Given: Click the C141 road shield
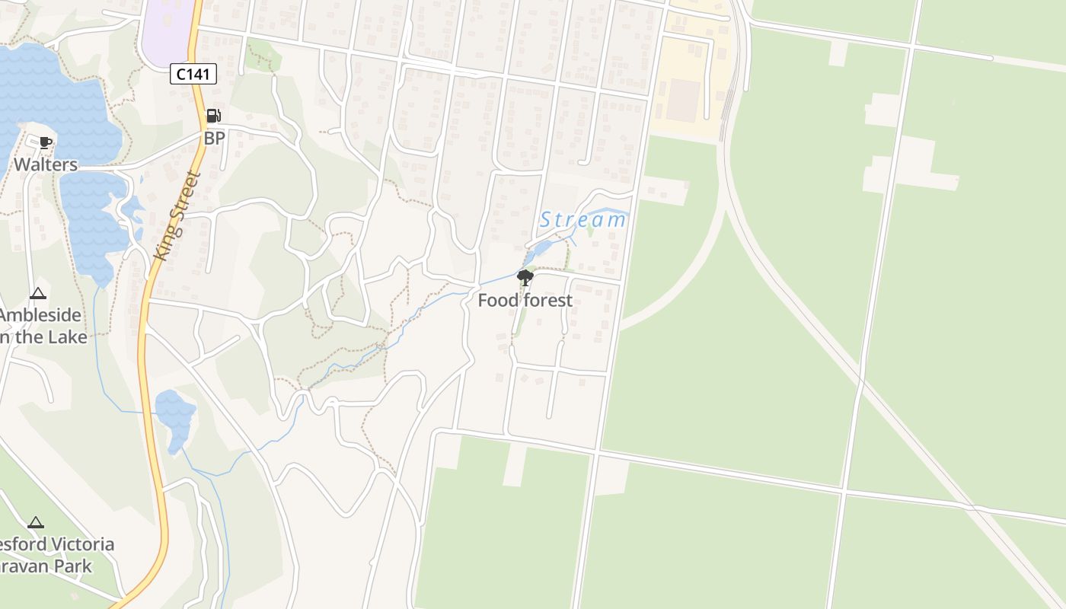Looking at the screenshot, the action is pos(193,74).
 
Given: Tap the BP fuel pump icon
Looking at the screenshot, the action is pos(214,116).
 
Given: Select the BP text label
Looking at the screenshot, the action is pos(215,139).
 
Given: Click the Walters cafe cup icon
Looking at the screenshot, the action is pos(46,142).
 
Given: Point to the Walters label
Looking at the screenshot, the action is pos(46,164).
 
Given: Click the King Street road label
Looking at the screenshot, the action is pos(176,217).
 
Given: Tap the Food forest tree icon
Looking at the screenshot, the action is pos(525,278).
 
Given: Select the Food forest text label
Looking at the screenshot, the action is pos(525,301).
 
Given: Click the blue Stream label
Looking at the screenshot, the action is pos(583,220).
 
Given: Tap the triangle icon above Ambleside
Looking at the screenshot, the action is pos(37,294).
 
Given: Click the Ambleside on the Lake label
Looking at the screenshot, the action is pos(42,326).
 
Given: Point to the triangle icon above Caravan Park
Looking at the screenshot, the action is pos(35,523).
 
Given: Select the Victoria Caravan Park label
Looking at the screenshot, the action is pos(53,556).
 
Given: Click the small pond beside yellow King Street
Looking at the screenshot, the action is pos(176,417).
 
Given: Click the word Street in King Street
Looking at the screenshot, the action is pos(184,199).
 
